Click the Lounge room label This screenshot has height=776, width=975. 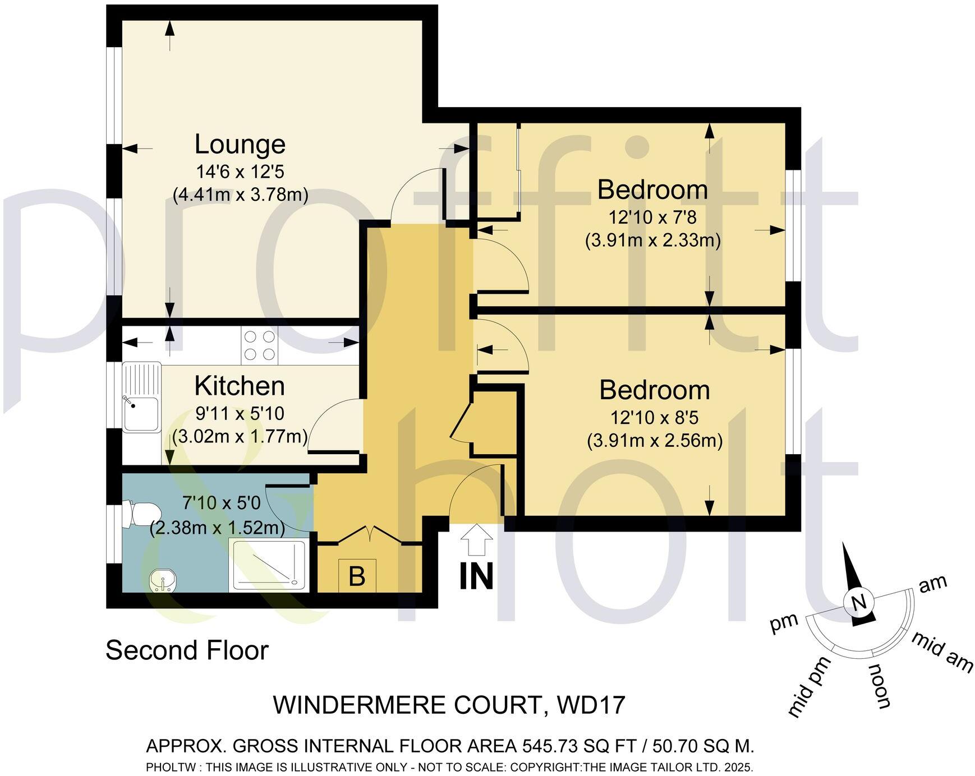240,145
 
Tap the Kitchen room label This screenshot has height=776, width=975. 240,386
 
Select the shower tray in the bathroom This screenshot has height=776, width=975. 269,565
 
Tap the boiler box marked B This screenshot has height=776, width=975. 357,576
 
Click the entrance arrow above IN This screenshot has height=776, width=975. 476,540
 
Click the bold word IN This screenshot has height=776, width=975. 476,576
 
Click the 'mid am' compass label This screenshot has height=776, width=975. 941,652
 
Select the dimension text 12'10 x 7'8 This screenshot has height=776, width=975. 652,217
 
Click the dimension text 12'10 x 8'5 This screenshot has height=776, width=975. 654,418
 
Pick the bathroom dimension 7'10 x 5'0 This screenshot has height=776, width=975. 222,503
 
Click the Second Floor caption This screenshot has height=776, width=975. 187,651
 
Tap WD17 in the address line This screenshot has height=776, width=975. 591,705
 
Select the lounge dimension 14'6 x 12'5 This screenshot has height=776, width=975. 240,171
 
